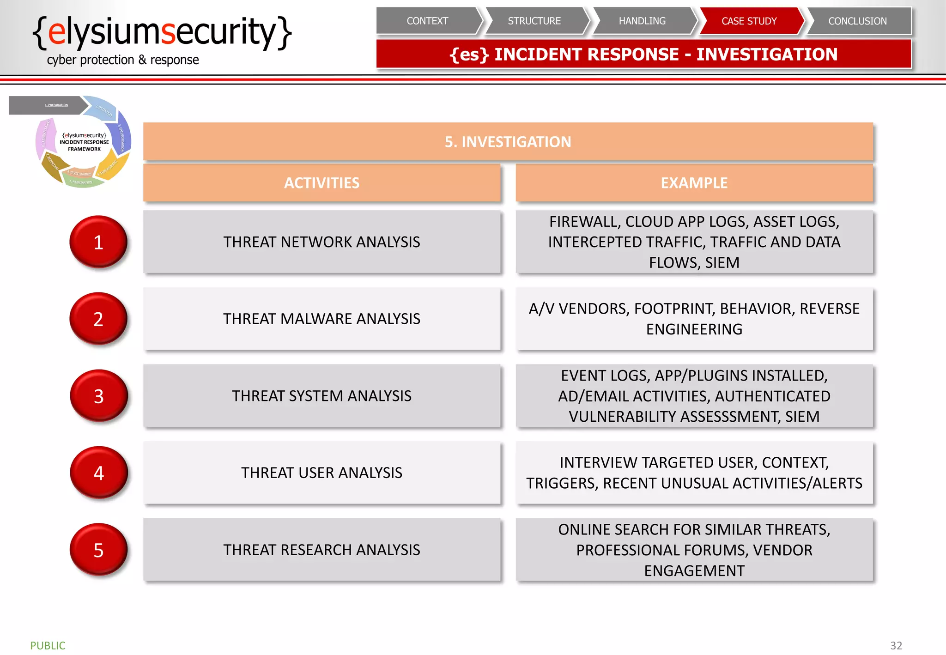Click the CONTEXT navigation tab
(427, 21)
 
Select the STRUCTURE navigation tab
(534, 21)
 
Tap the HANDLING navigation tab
(642, 21)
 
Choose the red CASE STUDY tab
(749, 21)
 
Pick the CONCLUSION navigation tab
(857, 21)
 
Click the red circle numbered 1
(98, 242)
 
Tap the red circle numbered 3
(98, 396)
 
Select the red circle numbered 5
(98, 550)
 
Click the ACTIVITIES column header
(321, 183)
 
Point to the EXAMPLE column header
(694, 183)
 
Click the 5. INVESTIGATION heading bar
(508, 142)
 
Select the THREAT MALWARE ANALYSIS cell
(321, 319)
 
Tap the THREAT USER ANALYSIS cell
(321, 473)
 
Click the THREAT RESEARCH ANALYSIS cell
(321, 550)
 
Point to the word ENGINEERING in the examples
(694, 329)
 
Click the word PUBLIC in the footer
(48, 645)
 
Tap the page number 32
(896, 645)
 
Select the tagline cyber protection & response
(123, 60)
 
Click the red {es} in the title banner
(469, 55)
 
